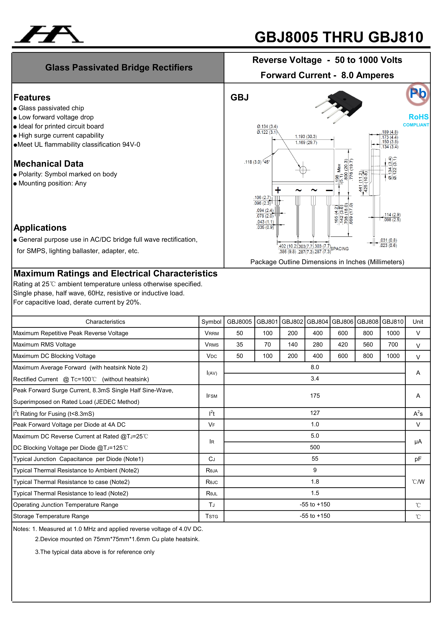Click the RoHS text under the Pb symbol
pos(418,117)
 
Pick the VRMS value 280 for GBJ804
pos(317,345)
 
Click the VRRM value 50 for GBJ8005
pos(240,333)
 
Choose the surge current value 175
pos(315,396)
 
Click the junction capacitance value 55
pos(315,459)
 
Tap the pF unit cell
pos(418,459)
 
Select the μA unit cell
pos(418,442)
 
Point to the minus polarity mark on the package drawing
pos(329,190)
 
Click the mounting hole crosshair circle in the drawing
pos(303,170)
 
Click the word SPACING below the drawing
pos(340,249)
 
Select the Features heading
pos(32,97)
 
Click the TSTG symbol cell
pos(212,516)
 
